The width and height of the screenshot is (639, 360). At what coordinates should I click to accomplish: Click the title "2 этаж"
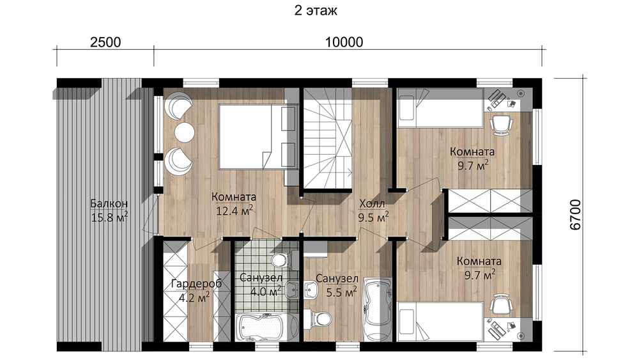(316, 10)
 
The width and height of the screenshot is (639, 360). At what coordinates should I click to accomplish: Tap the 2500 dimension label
(105, 42)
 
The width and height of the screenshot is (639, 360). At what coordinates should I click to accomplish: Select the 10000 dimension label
(344, 42)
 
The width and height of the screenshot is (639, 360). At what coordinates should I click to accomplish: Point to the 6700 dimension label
(575, 215)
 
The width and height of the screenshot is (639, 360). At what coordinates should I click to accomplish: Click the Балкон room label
(109, 203)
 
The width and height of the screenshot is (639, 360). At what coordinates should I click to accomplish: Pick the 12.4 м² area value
(235, 211)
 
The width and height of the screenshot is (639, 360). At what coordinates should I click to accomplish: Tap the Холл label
(372, 203)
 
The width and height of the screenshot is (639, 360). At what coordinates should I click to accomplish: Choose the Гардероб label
(196, 284)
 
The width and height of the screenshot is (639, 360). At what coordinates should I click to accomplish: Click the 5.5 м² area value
(341, 292)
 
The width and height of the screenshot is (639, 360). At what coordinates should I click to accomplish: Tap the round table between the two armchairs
(185, 132)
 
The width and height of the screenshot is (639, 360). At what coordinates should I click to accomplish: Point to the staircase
(328, 140)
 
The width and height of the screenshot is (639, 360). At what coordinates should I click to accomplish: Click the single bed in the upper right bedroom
(440, 108)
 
